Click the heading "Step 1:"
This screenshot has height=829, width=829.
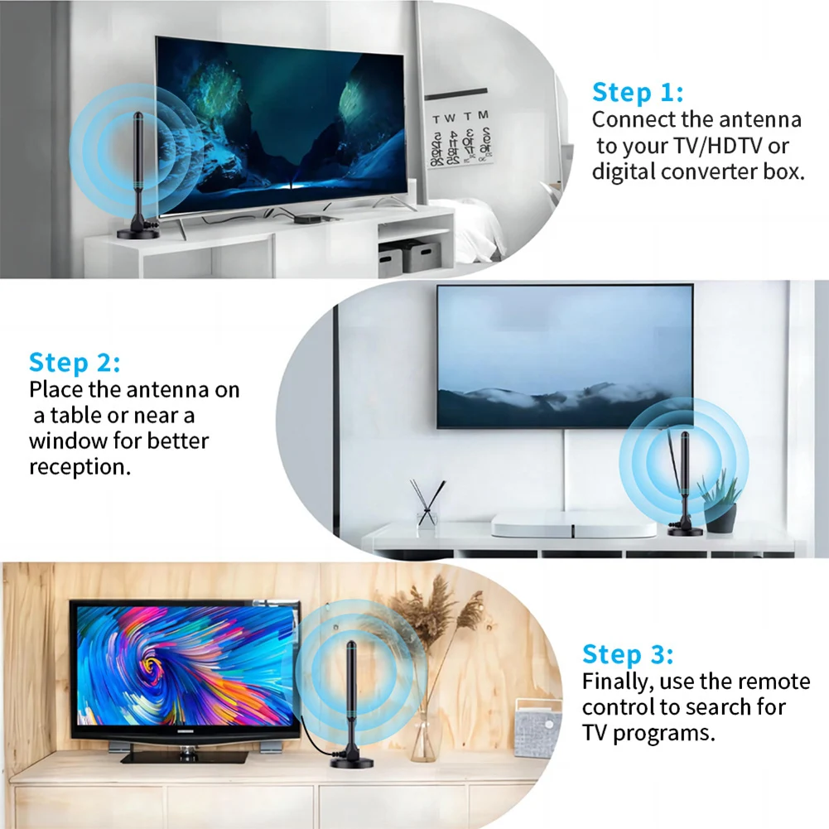[637, 92]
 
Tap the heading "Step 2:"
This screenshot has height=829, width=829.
[75, 362]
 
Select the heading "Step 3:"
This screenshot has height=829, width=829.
[628, 654]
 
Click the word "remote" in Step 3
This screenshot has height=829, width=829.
[774, 682]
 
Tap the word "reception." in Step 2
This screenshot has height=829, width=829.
[80, 466]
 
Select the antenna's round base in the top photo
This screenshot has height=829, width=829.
[137, 233]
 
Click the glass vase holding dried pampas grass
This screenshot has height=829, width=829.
[423, 736]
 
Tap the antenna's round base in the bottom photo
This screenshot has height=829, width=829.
[351, 761]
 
